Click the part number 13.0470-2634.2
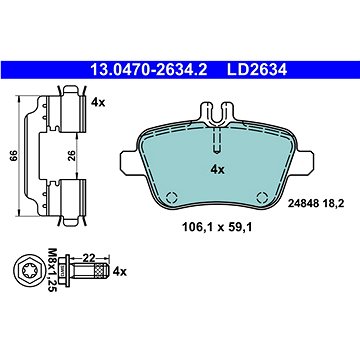(x=149, y=70)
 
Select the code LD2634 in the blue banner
(x=257, y=70)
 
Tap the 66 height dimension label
(x=14, y=155)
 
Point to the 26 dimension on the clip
(x=72, y=155)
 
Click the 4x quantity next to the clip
(x=98, y=102)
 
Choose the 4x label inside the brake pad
(x=217, y=170)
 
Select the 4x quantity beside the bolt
(x=120, y=272)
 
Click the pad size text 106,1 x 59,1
(x=216, y=228)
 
